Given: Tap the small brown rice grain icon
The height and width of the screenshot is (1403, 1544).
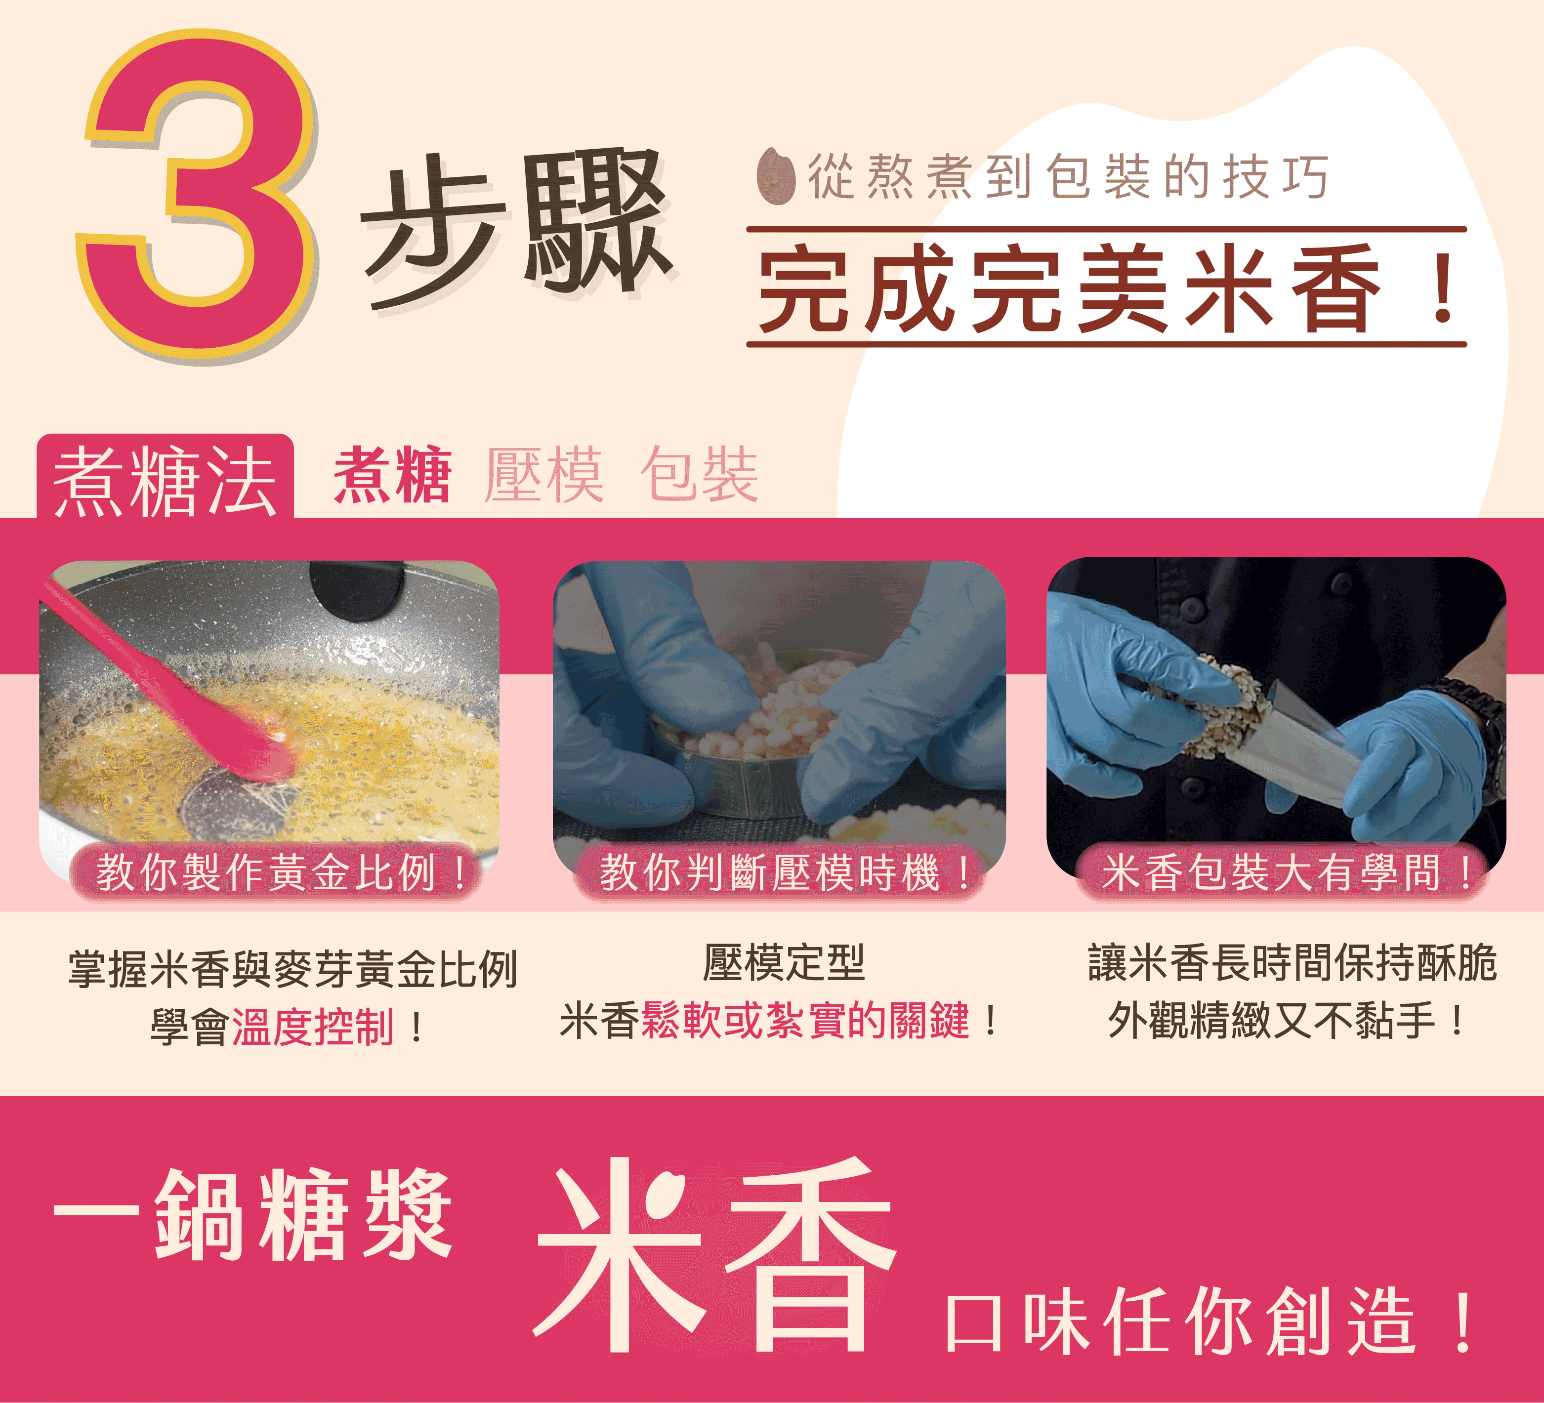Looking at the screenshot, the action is click(x=776, y=176).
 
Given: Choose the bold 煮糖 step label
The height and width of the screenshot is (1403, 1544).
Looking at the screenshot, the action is click(x=392, y=475).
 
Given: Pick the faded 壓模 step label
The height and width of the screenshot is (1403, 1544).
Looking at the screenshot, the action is click(x=544, y=475).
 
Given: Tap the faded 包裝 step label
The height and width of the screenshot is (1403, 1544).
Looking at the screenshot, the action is click(x=699, y=475).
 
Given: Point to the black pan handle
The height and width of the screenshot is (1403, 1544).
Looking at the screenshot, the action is click(x=356, y=586).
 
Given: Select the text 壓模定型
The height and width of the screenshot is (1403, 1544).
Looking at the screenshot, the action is click(x=784, y=963).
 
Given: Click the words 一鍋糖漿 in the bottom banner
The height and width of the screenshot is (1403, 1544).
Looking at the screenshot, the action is click(x=253, y=1215).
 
